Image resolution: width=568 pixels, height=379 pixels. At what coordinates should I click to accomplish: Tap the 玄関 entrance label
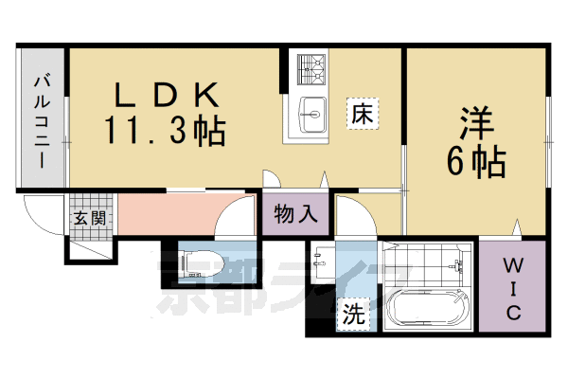pyautogui.click(x=92, y=217)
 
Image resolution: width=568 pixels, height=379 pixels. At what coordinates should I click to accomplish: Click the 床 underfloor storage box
pyautogui.click(x=361, y=114)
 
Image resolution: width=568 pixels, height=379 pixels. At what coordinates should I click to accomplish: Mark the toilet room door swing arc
pyautogui.click(x=232, y=218)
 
